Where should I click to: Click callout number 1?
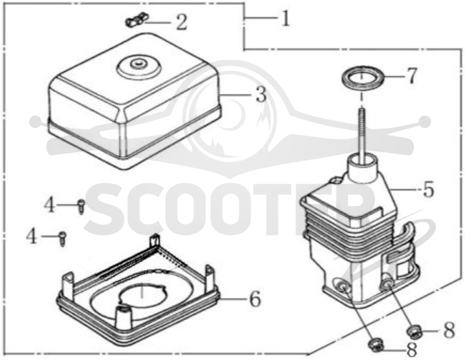coord(285,19)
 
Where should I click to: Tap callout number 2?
coord(181,23)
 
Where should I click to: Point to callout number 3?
coord(261,95)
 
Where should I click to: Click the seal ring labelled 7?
coord(363,78)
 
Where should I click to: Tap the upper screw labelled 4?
coord(81,206)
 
